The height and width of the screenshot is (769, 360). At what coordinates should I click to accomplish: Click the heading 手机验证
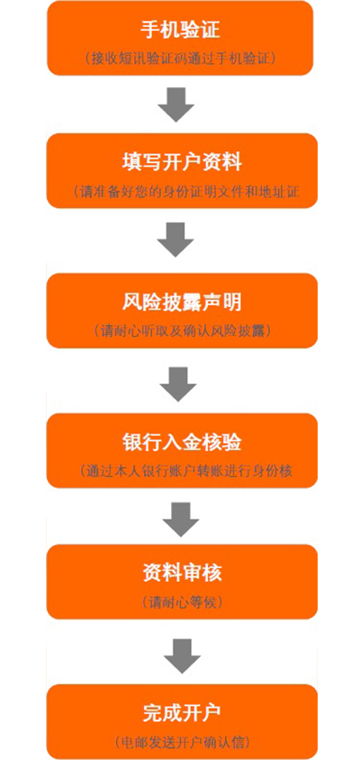(180, 30)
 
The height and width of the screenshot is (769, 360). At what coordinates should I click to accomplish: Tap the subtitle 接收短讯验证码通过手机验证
(180, 58)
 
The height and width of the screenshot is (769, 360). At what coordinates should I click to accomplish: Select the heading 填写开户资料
(182, 162)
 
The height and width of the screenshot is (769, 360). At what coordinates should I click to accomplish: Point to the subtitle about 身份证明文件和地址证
(186, 191)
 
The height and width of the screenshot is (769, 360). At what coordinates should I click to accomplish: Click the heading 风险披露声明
(182, 303)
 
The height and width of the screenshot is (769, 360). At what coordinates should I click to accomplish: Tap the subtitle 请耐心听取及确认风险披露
(182, 331)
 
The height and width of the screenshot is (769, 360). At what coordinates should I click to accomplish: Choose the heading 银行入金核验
(182, 443)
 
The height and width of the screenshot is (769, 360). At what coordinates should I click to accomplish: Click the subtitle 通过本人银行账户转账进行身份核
(186, 471)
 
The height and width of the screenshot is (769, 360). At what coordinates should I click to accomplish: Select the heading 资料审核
(182, 573)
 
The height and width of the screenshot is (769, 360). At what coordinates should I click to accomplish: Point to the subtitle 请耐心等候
(182, 602)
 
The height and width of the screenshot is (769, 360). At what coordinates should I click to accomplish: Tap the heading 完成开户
(182, 713)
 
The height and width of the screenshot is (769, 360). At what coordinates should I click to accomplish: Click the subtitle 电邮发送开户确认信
(182, 742)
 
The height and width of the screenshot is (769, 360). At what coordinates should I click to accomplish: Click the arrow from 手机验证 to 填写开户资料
(176, 104)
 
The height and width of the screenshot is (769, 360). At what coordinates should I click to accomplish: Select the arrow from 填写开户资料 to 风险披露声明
(175, 240)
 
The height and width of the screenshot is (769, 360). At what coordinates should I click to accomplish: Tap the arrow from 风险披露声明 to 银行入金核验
(178, 384)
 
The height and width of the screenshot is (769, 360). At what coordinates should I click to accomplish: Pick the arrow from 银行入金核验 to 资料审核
(181, 520)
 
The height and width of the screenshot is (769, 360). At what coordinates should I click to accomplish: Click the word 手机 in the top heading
(160, 30)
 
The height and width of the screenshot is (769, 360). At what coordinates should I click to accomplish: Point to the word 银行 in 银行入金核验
(141, 443)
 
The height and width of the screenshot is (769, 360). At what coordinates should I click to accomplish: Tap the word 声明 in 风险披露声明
(222, 303)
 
